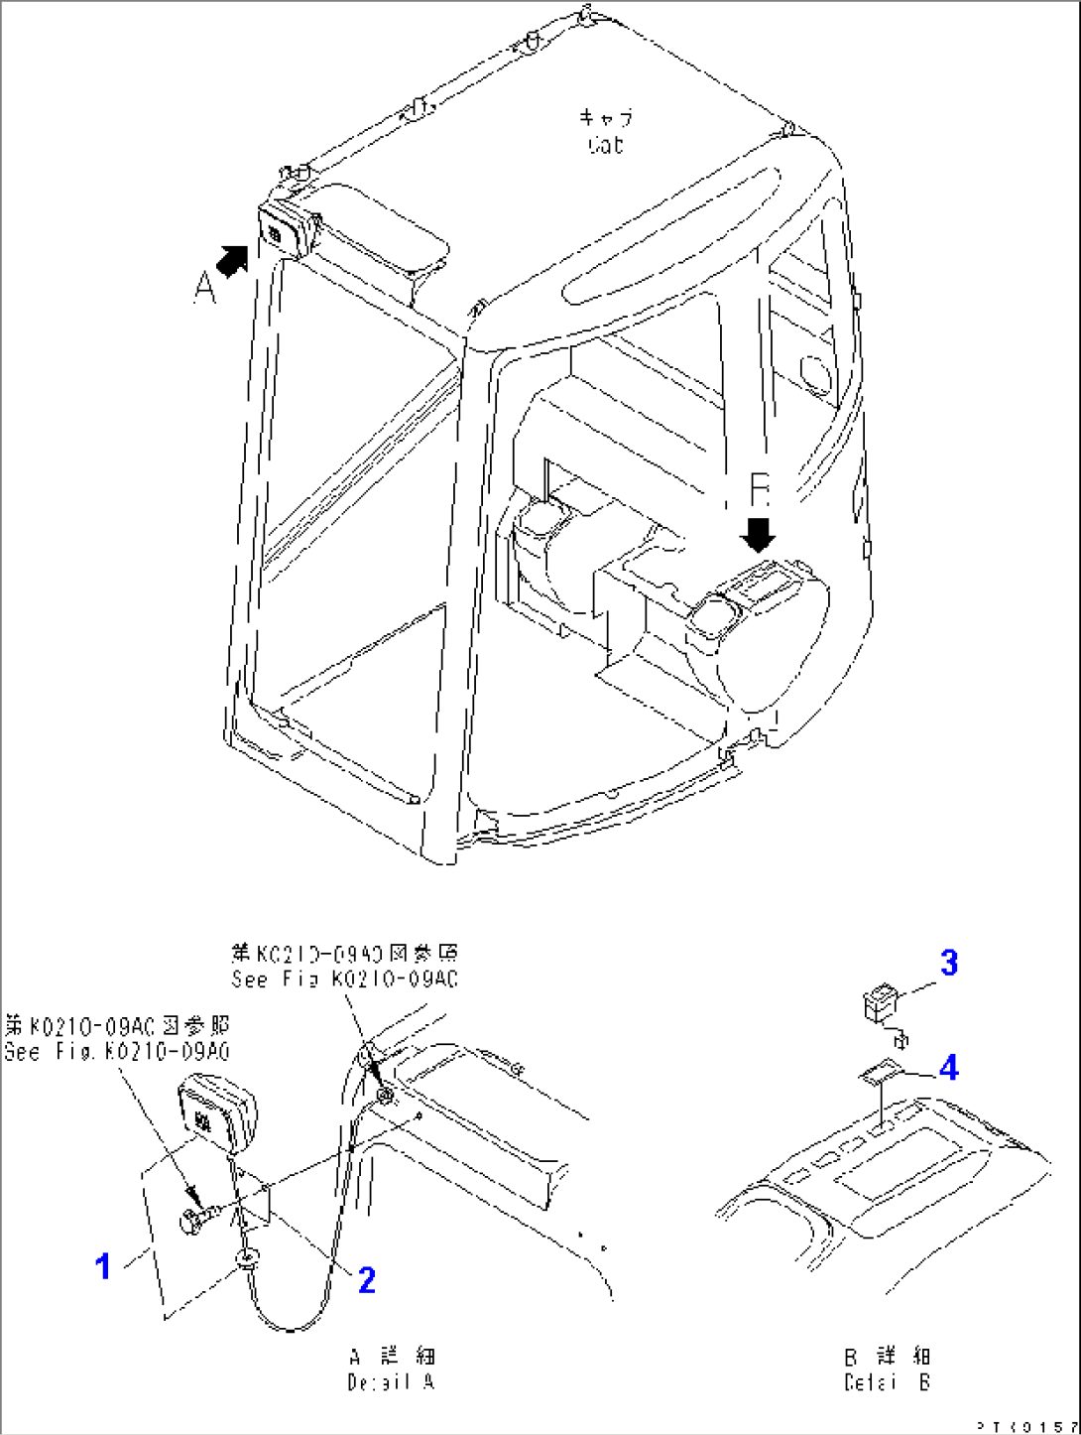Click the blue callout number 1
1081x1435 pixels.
click(103, 1267)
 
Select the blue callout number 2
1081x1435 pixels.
click(366, 1280)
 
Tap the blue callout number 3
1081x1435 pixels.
click(949, 963)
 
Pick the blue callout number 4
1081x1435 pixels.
click(949, 1068)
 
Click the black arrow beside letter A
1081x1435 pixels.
click(232, 261)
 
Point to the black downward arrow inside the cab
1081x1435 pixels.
click(760, 532)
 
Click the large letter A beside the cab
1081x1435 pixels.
click(203, 288)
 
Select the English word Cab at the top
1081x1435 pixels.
click(605, 146)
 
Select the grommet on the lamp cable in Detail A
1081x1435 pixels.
click(246, 1260)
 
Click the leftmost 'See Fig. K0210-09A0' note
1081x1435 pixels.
click(117, 1052)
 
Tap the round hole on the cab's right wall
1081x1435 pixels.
click(815, 372)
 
